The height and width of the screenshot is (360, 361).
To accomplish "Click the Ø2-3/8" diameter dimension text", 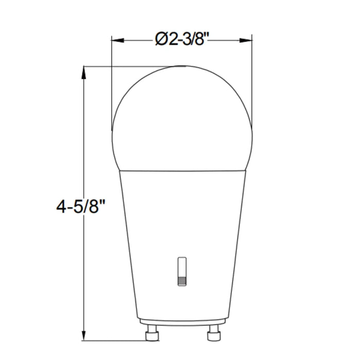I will [x=182, y=39].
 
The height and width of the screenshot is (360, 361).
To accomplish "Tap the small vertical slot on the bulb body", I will [x=181, y=267].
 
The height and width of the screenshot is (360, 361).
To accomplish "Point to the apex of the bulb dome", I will [x=182, y=66].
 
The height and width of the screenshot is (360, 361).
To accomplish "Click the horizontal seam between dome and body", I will [x=182, y=170].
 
